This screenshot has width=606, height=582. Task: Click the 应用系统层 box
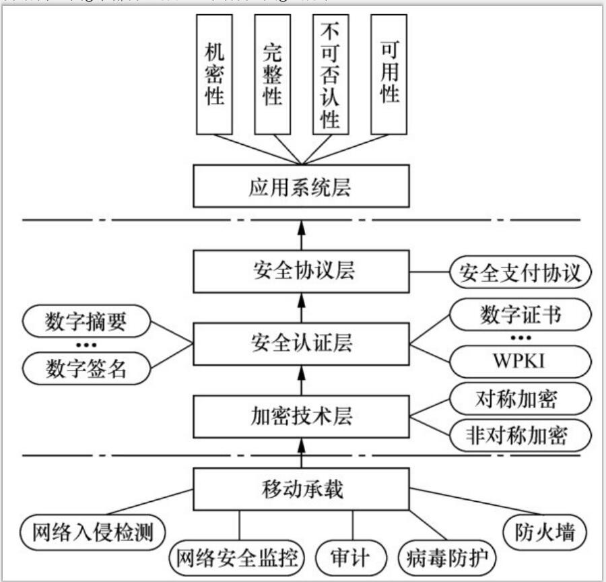[301, 187]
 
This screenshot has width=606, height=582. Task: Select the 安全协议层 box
[301, 272]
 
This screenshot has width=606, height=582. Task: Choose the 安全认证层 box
[301, 344]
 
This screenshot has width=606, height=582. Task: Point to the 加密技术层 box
[301, 416]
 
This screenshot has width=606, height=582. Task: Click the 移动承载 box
[301, 488]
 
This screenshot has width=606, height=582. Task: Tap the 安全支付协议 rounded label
[520, 273]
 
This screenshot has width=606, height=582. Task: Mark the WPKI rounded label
[520, 361]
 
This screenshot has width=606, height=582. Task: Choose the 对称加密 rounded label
[520, 401]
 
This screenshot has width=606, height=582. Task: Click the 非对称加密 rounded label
[520, 437]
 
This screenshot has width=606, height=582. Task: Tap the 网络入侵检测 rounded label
[91, 532]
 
